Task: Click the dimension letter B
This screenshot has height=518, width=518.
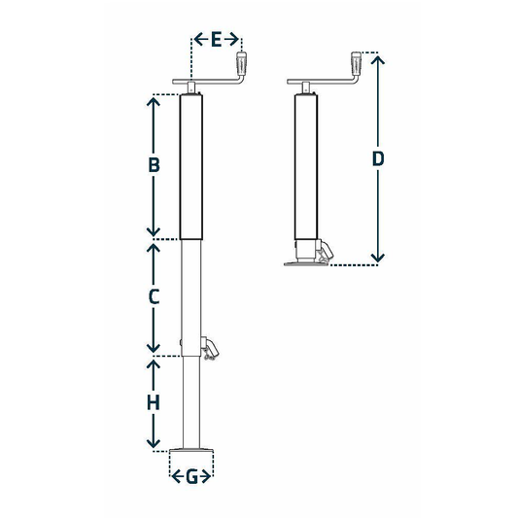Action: click(154, 165)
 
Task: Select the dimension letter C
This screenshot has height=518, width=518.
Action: click(154, 298)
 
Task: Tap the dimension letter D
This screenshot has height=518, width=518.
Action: click(379, 158)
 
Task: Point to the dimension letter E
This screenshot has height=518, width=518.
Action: click(216, 39)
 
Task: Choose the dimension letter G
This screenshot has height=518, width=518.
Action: click(191, 476)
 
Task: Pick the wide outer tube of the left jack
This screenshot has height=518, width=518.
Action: click(193, 166)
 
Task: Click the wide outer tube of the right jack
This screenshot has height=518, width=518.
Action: click(306, 165)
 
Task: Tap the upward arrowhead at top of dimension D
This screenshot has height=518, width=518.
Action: click(379, 60)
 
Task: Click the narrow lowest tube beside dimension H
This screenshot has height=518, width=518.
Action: click(192, 402)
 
